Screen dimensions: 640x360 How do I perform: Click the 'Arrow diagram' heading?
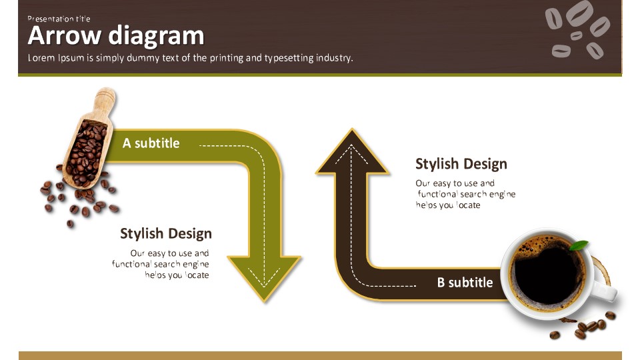coord(116,35)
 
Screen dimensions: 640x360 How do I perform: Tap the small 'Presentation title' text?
coord(59,19)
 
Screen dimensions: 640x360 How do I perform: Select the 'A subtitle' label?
coord(151,143)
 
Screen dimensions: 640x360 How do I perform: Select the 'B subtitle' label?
coord(465,283)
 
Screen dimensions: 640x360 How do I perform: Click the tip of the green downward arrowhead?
coord(265,303)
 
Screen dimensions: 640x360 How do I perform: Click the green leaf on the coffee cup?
coord(579,245)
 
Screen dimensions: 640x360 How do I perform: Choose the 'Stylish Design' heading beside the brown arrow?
coord(461,164)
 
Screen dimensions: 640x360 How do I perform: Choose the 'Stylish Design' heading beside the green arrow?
coord(166,233)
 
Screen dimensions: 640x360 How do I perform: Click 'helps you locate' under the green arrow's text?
coord(177,275)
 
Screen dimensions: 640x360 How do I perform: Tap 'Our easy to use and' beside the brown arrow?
coord(455,183)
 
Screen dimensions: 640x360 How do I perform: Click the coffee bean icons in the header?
coord(577,29)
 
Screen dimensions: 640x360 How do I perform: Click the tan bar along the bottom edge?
coord(320,355)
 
